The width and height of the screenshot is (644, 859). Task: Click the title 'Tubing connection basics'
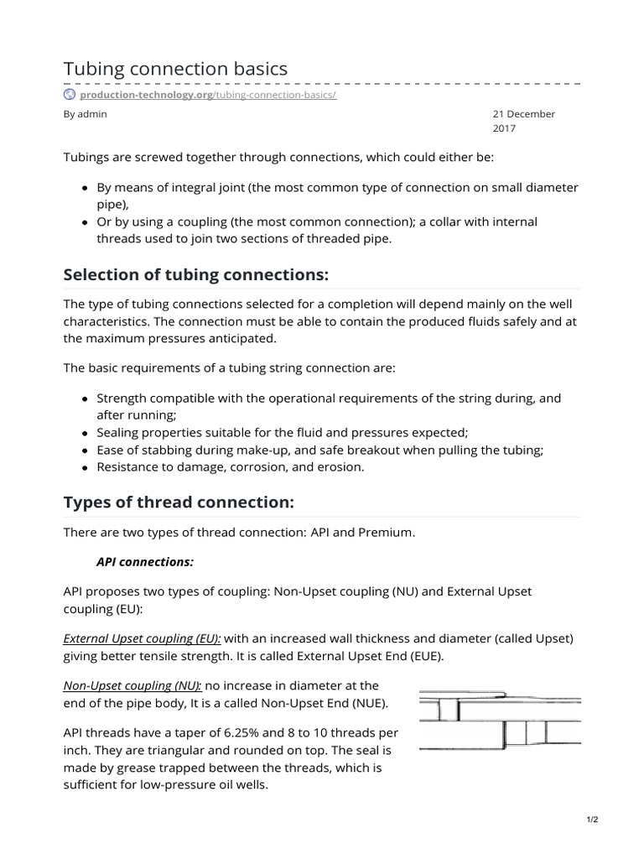pos(176,69)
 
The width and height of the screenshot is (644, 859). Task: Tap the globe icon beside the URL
pos(70,95)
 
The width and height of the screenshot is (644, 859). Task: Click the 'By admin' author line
pos(86,114)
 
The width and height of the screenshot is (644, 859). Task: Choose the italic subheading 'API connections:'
pos(146,561)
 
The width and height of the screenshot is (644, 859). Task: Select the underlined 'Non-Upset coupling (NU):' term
pos(132,685)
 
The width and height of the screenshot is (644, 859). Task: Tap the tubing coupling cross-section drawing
pos(500,721)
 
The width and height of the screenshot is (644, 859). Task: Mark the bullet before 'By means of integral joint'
pos(86,189)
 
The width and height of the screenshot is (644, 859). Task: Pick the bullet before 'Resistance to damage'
pos(86,467)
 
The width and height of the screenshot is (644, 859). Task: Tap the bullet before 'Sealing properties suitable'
pos(86,433)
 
